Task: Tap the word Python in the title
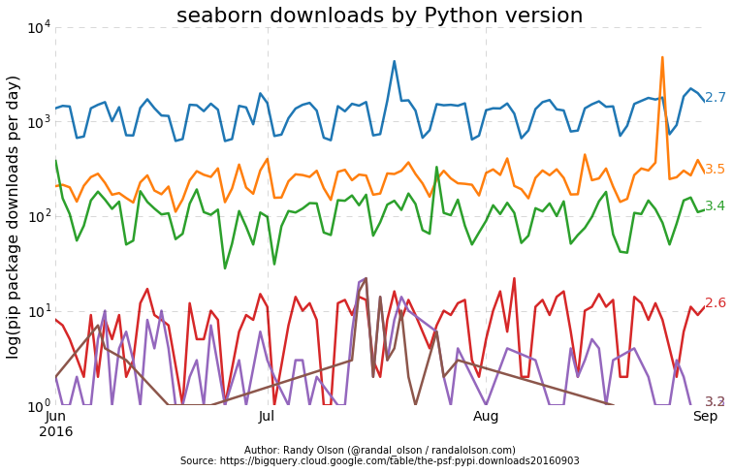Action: (456, 16)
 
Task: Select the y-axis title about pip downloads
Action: (14, 216)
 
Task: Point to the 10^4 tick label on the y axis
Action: (39, 27)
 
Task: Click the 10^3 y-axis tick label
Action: (39, 122)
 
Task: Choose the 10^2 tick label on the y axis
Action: (39, 216)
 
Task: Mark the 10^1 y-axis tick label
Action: (39, 311)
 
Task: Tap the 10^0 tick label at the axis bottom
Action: (39, 405)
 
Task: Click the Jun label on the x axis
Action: (56, 416)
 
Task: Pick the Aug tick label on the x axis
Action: (486, 416)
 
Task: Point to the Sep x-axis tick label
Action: (705, 416)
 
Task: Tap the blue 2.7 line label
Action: (715, 98)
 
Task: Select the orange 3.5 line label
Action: (715, 170)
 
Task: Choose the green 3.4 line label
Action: (715, 206)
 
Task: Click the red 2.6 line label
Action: (715, 303)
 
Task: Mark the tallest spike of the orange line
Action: (662, 57)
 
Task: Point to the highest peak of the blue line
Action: (394, 61)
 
